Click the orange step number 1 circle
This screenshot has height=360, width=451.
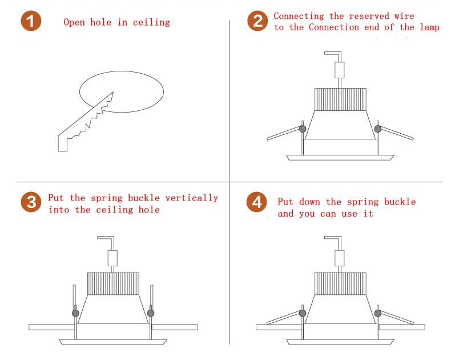pos(31,22)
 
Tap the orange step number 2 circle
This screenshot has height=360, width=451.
pos(257,22)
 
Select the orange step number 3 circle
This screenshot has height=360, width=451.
pos(31,202)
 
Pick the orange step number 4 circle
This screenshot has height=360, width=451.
pos(257,202)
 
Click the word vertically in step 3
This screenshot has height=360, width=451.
pos(191,198)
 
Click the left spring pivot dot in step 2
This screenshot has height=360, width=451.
pos(302,129)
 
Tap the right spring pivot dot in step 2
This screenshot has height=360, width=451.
pos(377,129)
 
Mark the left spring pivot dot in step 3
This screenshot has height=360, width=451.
pos(75,313)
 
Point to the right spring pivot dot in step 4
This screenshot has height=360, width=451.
pos(377,313)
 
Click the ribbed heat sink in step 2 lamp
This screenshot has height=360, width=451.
pos(340,98)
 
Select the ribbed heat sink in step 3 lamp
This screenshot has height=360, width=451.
pos(113,283)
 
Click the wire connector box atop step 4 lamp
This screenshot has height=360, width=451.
pos(340,258)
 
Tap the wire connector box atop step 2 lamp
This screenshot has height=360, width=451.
pos(340,70)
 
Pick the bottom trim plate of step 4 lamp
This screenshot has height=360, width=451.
pos(340,342)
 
